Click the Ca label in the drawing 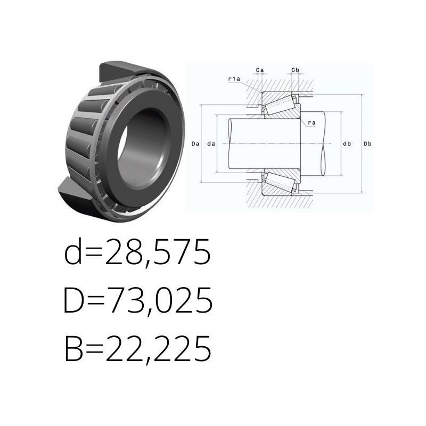coord(260,70)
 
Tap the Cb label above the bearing coord(296,70)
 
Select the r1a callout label coord(234,79)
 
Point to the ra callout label coord(312,123)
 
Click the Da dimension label coord(195,144)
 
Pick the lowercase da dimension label coord(211,144)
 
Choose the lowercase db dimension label coord(347,144)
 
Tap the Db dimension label coord(367,144)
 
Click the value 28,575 coord(158,252)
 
